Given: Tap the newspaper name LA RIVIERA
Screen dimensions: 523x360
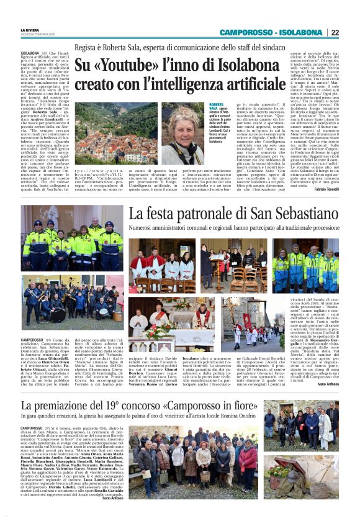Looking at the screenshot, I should tap(30, 30).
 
